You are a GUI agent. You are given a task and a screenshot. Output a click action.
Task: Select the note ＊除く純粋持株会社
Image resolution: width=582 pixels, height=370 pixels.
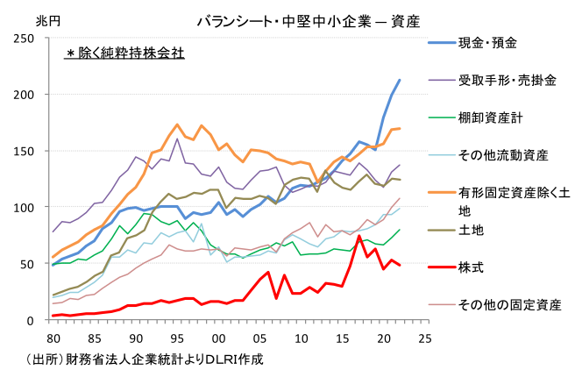[x=124, y=53]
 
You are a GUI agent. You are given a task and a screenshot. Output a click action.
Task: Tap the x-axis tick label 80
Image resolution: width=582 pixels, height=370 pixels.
[x=53, y=338]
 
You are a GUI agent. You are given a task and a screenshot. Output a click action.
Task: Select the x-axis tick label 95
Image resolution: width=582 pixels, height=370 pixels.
[x=177, y=338]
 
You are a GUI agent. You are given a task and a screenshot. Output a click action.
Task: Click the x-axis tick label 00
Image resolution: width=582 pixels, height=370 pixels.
[x=218, y=338]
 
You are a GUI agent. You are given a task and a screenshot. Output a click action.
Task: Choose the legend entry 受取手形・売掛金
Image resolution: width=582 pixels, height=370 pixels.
[x=507, y=80]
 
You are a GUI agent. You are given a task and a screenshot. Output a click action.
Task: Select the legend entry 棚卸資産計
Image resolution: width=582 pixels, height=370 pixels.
[x=492, y=117]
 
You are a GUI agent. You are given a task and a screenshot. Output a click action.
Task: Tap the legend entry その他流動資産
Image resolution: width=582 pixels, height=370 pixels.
[x=503, y=155]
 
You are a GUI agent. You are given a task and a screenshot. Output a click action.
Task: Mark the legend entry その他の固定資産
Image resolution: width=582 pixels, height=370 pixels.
[x=509, y=304]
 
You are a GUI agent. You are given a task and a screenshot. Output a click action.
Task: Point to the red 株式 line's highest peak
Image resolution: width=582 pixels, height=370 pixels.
[x=359, y=236]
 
